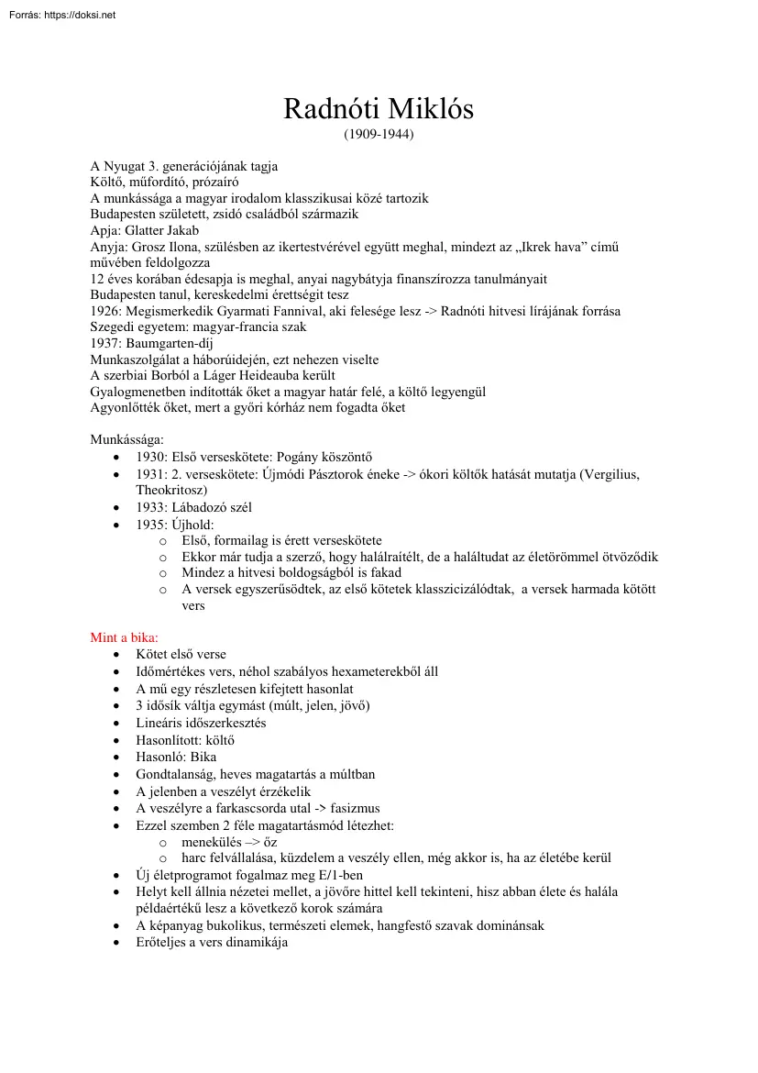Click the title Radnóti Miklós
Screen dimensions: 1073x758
pyautogui.click(x=379, y=109)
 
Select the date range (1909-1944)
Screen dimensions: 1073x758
pyautogui.click(x=379, y=135)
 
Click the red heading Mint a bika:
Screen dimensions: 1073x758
pyautogui.click(x=124, y=637)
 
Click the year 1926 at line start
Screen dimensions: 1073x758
pyautogui.click(x=105, y=311)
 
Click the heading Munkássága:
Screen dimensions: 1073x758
pyautogui.click(x=126, y=440)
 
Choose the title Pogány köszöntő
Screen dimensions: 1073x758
pyautogui.click(x=319, y=457)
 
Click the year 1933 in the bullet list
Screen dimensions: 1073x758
pyautogui.click(x=151, y=507)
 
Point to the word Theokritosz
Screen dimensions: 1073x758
pyautogui.click(x=171, y=490)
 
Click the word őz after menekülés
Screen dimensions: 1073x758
pyautogui.click(x=269, y=841)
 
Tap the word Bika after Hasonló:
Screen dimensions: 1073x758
pyautogui.click(x=203, y=758)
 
